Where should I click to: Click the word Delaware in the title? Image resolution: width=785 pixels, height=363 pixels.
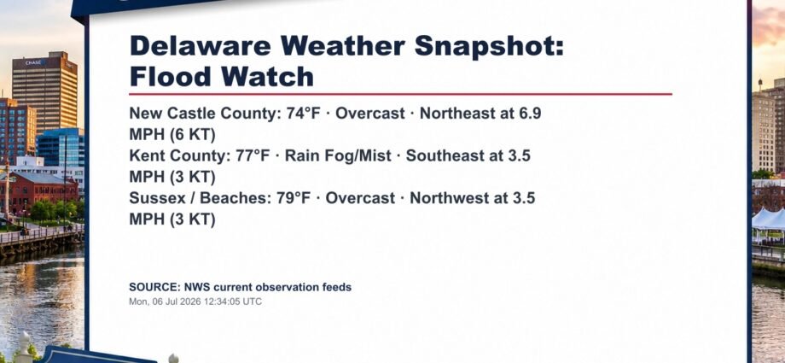pyautogui.click(x=201, y=46)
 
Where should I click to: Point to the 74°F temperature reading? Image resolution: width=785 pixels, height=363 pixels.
pyautogui.click(x=303, y=114)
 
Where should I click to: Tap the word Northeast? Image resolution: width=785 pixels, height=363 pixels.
pyautogui.click(x=456, y=114)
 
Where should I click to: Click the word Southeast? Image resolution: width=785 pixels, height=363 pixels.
pyautogui.click(x=443, y=156)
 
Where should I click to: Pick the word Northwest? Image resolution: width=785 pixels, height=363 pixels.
pyautogui.click(x=448, y=198)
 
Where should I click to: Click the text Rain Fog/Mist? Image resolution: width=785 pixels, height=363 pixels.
pyautogui.click(x=338, y=156)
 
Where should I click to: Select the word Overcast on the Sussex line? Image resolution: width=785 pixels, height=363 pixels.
pyautogui.click(x=360, y=198)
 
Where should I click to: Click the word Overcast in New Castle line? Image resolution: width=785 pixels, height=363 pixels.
pyautogui.click(x=370, y=114)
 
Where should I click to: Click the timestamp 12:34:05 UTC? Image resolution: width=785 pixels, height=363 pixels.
pyautogui.click(x=233, y=302)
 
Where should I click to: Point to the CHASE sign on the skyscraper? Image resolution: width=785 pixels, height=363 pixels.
pyautogui.click(x=34, y=62)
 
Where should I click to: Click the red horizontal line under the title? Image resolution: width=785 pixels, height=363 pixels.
pyautogui.click(x=400, y=94)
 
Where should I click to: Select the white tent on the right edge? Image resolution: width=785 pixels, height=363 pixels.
pyautogui.click(x=769, y=220)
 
